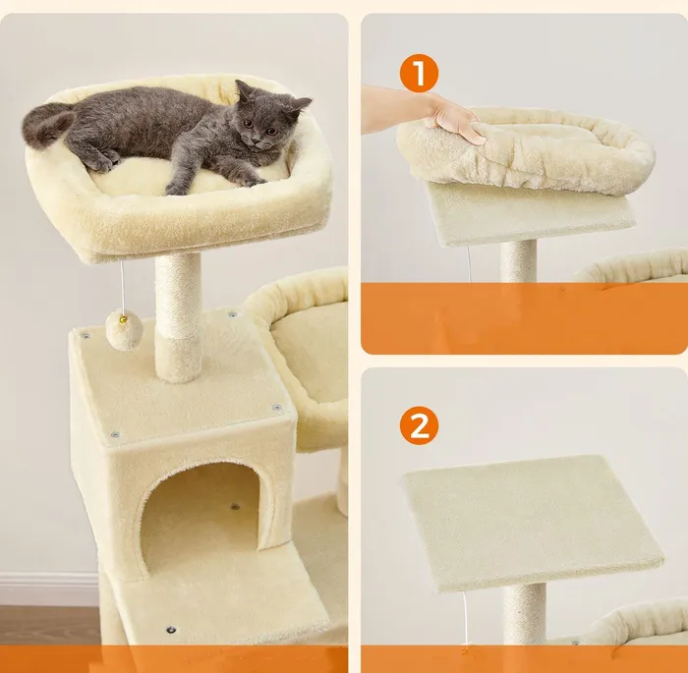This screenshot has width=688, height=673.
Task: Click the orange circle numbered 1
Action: tap(419, 73)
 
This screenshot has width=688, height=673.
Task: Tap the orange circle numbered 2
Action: tap(419, 425)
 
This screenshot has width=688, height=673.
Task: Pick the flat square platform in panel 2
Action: tap(532, 522)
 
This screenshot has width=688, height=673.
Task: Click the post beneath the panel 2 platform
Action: tap(525, 613)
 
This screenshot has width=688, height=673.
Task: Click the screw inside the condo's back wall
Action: tap(235, 507)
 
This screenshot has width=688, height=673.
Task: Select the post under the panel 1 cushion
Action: tap(519, 261)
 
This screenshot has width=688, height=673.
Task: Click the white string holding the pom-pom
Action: tap(122, 287)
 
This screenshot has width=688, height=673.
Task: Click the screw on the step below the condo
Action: tap(171, 631)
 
